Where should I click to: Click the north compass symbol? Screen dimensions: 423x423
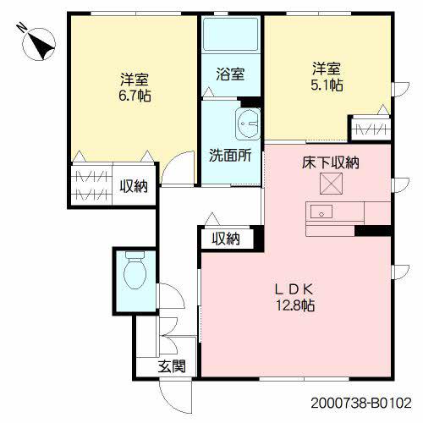click(39, 44)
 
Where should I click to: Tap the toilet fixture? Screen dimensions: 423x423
click(135, 270)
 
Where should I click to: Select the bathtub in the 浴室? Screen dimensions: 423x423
click(231, 34)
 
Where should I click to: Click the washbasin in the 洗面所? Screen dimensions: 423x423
click(248, 124)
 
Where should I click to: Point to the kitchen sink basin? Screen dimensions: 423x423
click(321, 211)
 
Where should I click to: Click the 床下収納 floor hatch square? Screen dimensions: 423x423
click(331, 184)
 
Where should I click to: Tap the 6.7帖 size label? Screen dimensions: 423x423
click(135, 96)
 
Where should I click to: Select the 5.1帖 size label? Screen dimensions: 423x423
click(327, 85)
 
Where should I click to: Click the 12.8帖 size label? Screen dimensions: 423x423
click(295, 305)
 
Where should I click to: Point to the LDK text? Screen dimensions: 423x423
click(294, 289)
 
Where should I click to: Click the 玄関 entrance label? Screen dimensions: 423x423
click(172, 366)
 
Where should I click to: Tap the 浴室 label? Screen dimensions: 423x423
click(230, 74)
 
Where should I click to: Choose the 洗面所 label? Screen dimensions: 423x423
click(230, 155)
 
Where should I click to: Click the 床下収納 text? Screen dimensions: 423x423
click(331, 162)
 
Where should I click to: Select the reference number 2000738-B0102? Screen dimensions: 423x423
click(361, 404)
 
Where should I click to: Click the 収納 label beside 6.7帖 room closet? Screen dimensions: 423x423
click(134, 186)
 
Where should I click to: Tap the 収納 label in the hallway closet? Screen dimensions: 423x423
click(226, 239)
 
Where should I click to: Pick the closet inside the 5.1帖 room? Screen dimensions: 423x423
click(371, 129)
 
